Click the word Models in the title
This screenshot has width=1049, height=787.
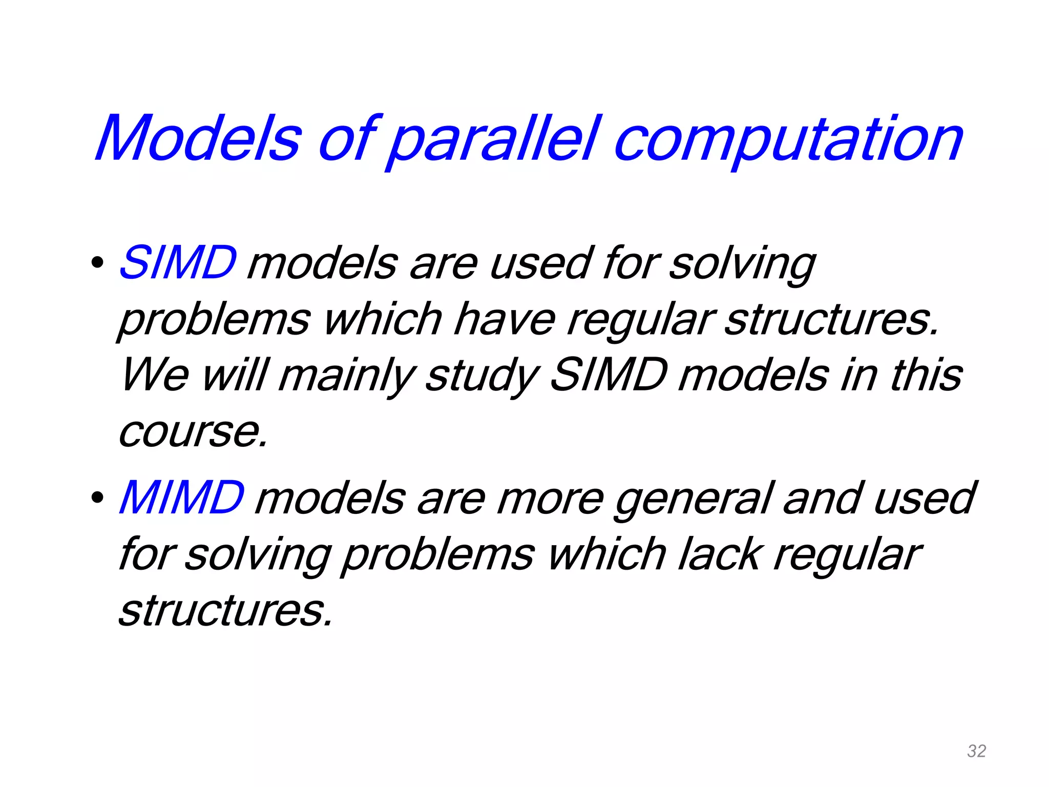click(x=198, y=138)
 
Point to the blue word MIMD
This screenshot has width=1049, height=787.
click(x=181, y=498)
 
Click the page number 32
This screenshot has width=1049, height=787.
click(x=976, y=751)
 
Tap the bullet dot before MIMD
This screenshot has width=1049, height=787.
click(x=96, y=498)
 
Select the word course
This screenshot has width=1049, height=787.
click(x=193, y=431)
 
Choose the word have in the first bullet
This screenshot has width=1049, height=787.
click(x=504, y=319)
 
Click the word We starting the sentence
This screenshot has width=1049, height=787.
click(x=155, y=375)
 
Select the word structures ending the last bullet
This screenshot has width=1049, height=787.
click(x=225, y=611)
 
